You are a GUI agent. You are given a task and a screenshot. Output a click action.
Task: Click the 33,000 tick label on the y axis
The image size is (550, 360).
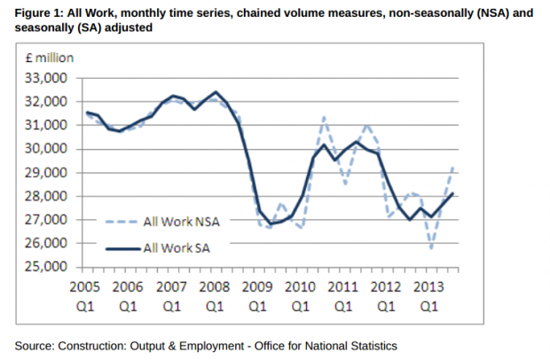click(x=49, y=78)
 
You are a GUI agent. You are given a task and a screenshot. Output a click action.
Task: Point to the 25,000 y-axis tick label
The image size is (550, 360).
click(x=49, y=266)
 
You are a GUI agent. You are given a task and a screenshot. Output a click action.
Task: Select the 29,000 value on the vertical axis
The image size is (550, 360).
click(x=49, y=172)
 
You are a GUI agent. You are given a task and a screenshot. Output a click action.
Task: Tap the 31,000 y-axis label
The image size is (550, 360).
click(x=49, y=125)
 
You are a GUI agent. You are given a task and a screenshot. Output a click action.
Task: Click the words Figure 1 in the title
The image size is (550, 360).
click(x=41, y=11)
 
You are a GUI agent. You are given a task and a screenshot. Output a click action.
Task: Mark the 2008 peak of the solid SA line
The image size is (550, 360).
click(x=216, y=91)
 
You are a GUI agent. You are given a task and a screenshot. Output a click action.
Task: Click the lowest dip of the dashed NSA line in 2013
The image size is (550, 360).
click(x=432, y=247)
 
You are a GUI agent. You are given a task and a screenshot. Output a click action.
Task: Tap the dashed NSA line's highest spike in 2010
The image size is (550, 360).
click(x=324, y=117)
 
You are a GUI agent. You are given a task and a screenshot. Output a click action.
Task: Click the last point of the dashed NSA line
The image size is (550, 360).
click(x=453, y=167)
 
